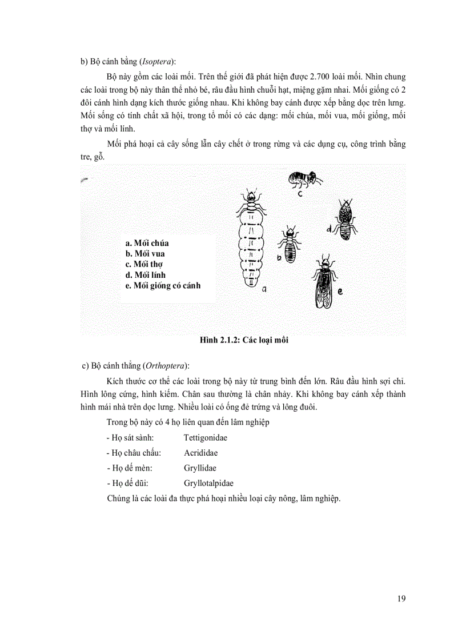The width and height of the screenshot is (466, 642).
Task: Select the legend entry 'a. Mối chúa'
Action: (x=147, y=243)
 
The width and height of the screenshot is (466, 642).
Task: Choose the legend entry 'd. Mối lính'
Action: (x=145, y=274)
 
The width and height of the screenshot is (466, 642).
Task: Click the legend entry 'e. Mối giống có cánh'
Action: (x=163, y=285)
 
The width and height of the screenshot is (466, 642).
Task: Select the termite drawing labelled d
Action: (x=344, y=220)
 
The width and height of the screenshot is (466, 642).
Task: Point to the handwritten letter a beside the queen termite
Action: (x=264, y=290)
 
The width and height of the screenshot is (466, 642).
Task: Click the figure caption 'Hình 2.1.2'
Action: (x=219, y=341)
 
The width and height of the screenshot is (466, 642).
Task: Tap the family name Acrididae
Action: (x=200, y=453)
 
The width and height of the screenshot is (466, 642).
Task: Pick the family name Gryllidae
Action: (x=199, y=468)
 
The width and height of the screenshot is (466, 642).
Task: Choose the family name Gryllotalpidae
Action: (x=208, y=483)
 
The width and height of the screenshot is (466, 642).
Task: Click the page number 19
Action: (x=401, y=599)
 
